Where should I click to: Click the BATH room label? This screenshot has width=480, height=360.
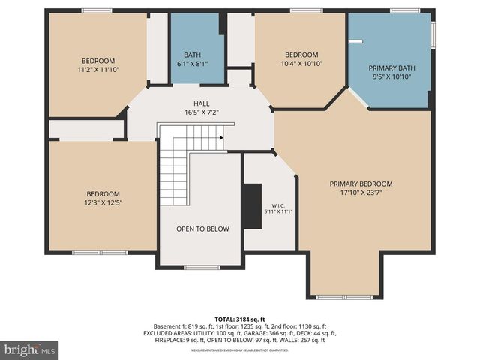[193, 54]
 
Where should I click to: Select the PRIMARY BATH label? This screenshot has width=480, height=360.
[391, 67]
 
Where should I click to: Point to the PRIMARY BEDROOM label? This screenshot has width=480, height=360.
[361, 184]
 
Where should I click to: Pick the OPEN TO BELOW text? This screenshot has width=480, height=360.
[202, 229]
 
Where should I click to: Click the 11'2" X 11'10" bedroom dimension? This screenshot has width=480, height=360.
[98, 70]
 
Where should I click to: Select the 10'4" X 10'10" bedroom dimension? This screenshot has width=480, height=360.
[301, 64]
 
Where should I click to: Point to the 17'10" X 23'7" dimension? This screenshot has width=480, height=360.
[361, 193]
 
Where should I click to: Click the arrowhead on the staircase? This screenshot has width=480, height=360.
[221, 138]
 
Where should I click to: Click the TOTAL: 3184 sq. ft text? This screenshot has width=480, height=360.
[239, 317]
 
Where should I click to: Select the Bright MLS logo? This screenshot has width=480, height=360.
[30, 349]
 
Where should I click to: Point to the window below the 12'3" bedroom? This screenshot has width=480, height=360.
[100, 253]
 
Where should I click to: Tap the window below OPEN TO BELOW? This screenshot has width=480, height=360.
[202, 267]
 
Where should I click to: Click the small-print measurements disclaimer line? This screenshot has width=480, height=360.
[239, 350]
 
